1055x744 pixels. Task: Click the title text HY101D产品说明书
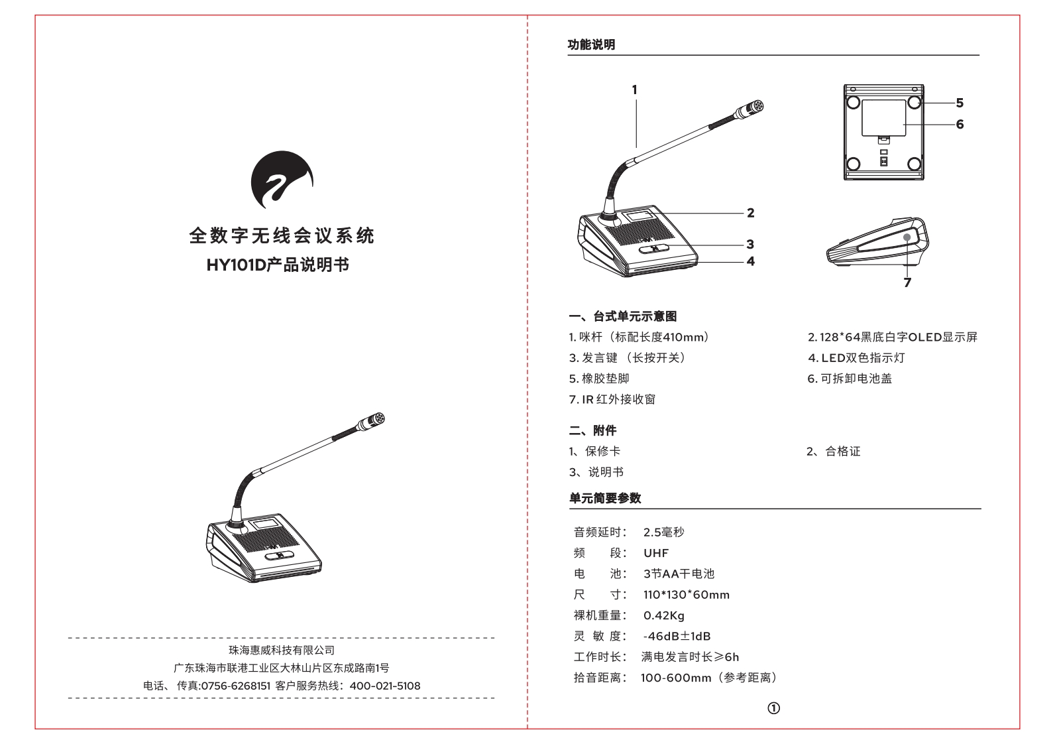pyautogui.click(x=278, y=265)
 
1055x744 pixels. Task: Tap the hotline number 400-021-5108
pyautogui.click(x=384, y=686)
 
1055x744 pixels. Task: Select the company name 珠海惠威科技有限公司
pyautogui.click(x=282, y=650)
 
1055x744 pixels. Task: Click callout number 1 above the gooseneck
pyautogui.click(x=634, y=90)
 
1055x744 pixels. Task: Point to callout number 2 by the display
pyautogui.click(x=750, y=213)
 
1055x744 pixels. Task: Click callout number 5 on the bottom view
pyautogui.click(x=960, y=103)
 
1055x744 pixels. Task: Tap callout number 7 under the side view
pyautogui.click(x=907, y=282)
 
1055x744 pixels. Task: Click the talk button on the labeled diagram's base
pyautogui.click(x=654, y=249)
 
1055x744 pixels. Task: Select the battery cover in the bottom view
pyautogui.click(x=883, y=117)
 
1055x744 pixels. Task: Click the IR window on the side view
pyautogui.click(x=909, y=237)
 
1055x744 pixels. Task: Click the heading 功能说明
pyautogui.click(x=591, y=44)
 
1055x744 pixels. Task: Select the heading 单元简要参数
pyautogui.click(x=605, y=498)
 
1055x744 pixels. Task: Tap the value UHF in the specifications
pyautogui.click(x=656, y=553)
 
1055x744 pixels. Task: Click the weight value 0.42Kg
pyautogui.click(x=663, y=615)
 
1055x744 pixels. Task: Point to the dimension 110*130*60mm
pyautogui.click(x=686, y=595)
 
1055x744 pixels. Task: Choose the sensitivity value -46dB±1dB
pyautogui.click(x=677, y=637)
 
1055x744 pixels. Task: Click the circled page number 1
pyautogui.click(x=773, y=708)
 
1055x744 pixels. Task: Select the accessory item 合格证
pyautogui.click(x=842, y=452)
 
